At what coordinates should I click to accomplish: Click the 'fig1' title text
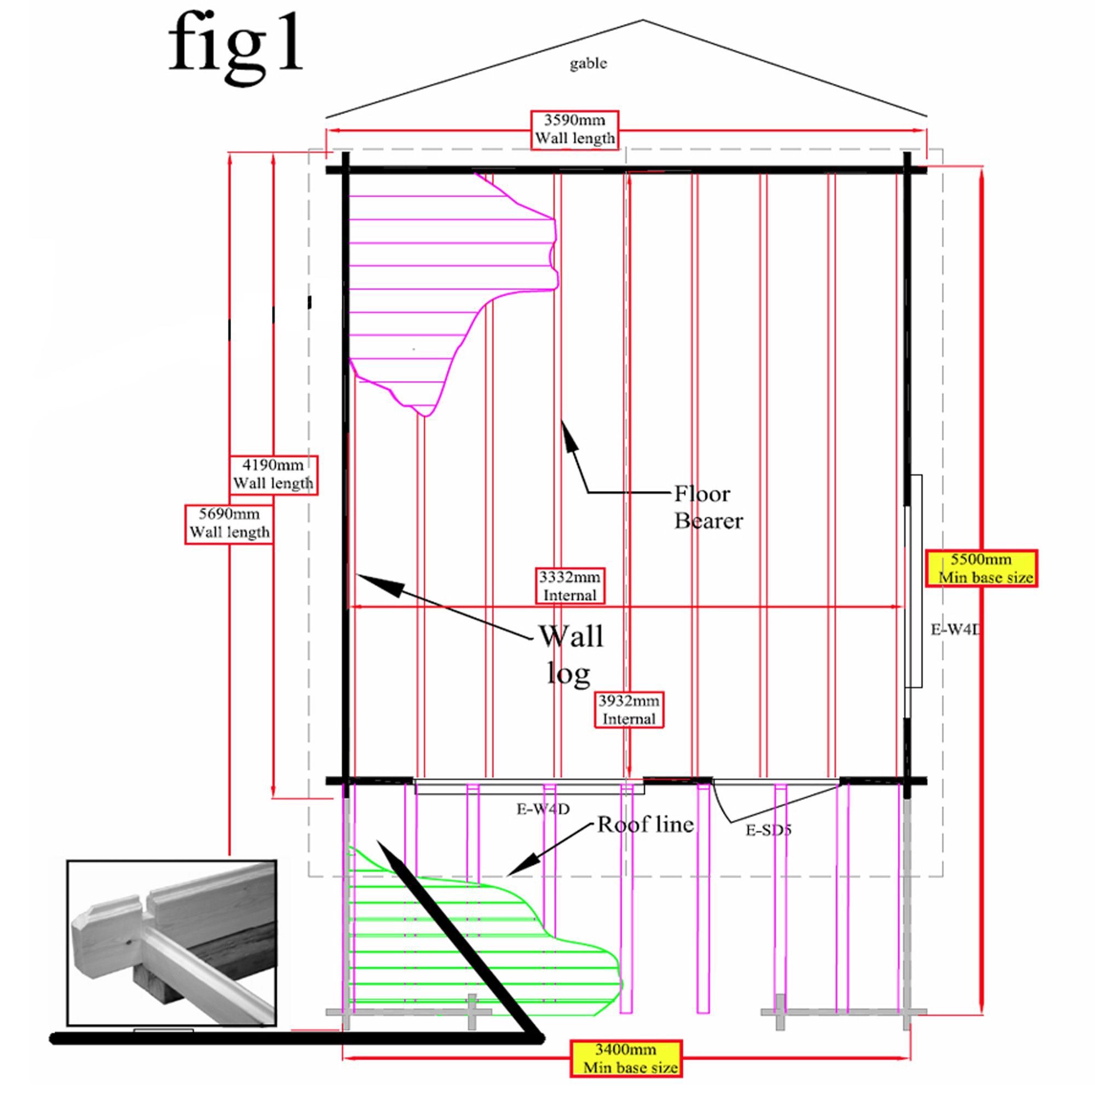tap(235, 48)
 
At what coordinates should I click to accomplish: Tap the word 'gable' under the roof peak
tap(587, 63)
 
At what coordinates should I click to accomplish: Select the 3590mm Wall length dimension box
tap(574, 130)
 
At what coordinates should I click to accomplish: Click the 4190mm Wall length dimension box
tap(273, 474)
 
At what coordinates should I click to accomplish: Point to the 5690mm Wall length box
tap(229, 524)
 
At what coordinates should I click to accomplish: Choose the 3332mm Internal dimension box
tap(569, 586)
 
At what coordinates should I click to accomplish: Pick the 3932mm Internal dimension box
tap(629, 710)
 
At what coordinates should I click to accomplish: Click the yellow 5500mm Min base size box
tap(981, 568)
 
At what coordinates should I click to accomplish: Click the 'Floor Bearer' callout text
tap(708, 508)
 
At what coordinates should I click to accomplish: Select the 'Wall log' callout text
tap(570, 654)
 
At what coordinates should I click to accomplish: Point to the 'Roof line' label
tap(646, 825)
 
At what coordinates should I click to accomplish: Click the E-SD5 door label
tap(768, 831)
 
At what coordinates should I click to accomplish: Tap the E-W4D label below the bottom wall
tap(543, 809)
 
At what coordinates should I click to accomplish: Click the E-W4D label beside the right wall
tap(955, 629)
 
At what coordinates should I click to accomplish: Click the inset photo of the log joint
tap(172, 943)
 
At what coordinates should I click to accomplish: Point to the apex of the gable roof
tap(642, 20)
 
